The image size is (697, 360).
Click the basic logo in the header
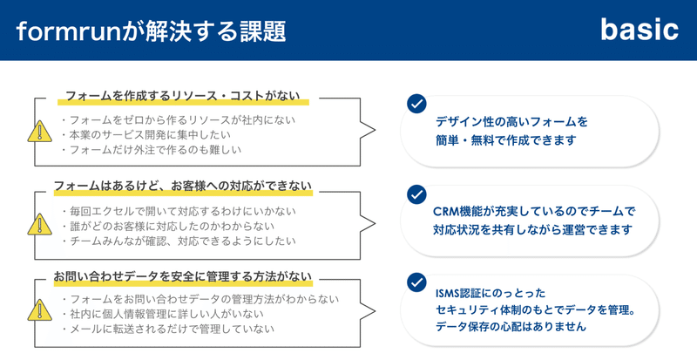pos(639,31)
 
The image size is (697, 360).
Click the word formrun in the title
pos(69,31)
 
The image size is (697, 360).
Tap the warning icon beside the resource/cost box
pos(39,132)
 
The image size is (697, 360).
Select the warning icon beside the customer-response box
pos(39,224)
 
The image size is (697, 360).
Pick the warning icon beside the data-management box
pos(39,310)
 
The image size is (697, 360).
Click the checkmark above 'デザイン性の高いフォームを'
pos(416,104)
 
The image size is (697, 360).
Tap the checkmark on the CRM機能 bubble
pos(416,194)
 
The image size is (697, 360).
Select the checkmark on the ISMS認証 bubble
pos(416,282)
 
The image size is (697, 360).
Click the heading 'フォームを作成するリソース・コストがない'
pos(183,96)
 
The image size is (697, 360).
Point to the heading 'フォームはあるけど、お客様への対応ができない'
pos(183,186)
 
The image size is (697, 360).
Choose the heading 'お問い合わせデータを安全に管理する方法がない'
pos(183,276)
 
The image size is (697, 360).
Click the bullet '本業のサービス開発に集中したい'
pos(146,134)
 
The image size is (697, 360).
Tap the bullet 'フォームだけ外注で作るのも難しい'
pos(152,150)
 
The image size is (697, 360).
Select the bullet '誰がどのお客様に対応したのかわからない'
pos(168,226)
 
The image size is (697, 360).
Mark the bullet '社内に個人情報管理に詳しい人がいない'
pos(163,314)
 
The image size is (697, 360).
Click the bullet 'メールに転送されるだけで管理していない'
pos(168,329)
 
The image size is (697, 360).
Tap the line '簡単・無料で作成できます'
pos(506,140)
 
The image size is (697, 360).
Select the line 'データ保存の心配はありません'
pos(511,327)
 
